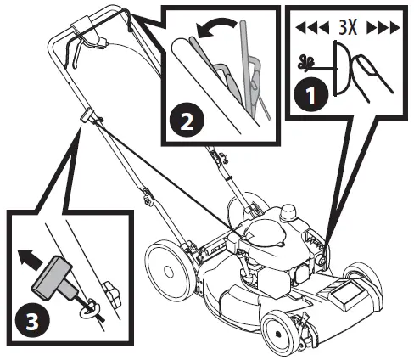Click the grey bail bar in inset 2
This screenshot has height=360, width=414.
click(x=249, y=59)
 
